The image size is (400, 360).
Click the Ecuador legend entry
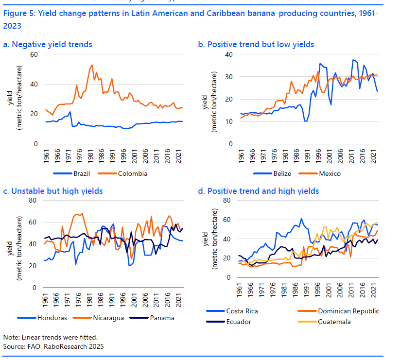(238, 321)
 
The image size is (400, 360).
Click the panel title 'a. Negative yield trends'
(48, 44)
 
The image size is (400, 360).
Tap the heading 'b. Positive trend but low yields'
(256, 44)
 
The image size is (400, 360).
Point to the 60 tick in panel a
(34, 54)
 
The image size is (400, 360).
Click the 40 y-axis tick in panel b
(228, 54)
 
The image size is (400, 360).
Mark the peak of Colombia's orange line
(92, 65)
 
